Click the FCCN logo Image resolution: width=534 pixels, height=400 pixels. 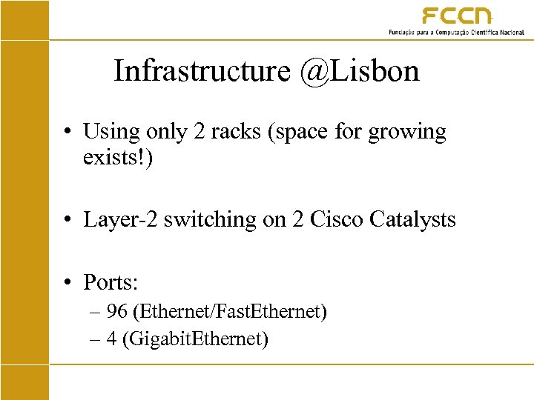pyautogui.click(x=457, y=16)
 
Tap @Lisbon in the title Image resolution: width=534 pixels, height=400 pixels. pyautogui.click(x=360, y=71)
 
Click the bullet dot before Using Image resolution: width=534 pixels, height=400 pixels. pyautogui.click(x=67, y=133)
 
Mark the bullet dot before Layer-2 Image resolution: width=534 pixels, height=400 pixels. pyautogui.click(x=67, y=220)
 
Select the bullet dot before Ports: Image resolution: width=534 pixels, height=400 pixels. pyautogui.click(x=67, y=282)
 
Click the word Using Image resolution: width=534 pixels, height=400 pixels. pyautogui.click(x=111, y=133)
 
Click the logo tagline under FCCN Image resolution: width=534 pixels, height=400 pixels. pyautogui.click(x=456, y=33)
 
